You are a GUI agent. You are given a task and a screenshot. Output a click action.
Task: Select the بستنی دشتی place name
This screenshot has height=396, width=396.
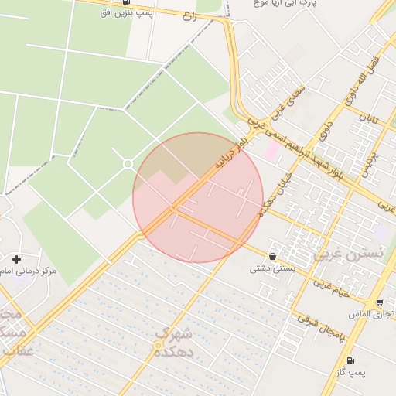[271, 270]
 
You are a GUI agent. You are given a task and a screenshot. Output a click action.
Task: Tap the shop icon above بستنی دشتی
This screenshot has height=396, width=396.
[272, 256]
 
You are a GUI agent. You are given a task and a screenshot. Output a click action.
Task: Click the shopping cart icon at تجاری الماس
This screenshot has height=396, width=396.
[380, 302]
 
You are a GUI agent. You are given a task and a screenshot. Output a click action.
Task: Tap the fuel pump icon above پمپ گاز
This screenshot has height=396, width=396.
[351, 360]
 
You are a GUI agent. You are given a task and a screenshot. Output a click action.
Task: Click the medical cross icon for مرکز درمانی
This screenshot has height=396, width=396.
[16, 259]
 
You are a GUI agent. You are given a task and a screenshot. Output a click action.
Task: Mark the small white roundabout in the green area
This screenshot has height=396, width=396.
[128, 164]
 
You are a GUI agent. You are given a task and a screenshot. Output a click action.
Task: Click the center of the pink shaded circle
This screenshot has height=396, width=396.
[198, 198]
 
